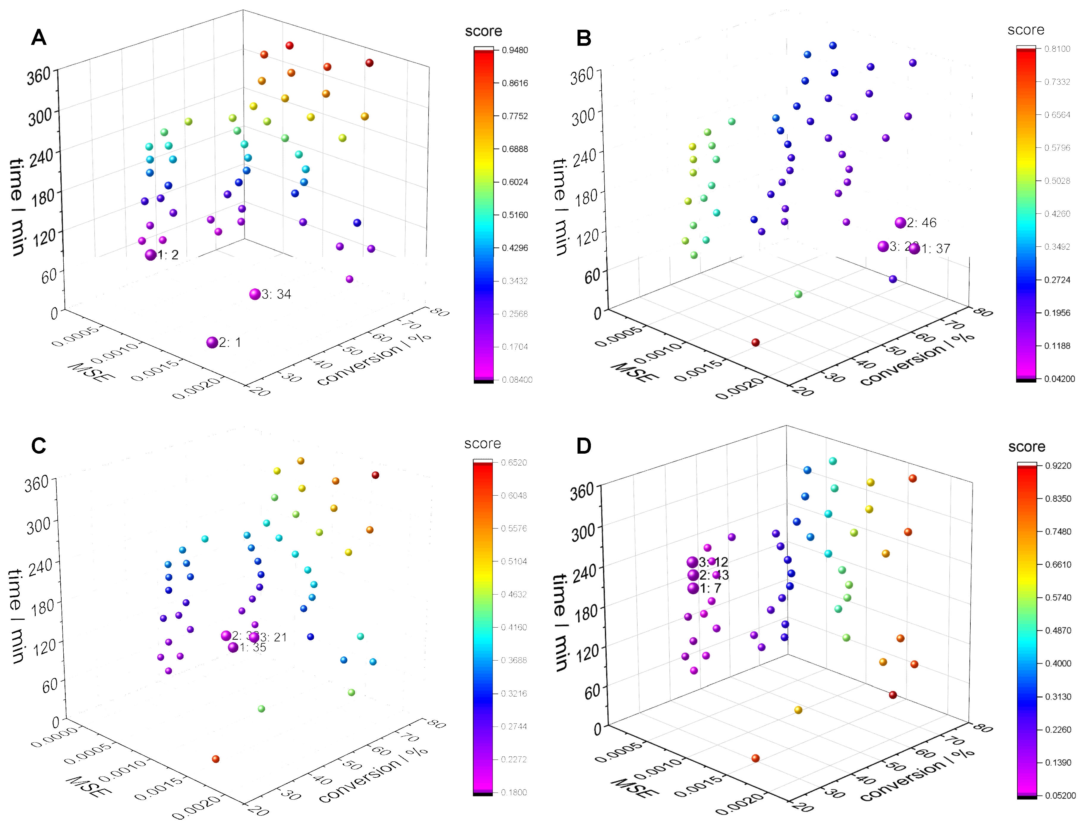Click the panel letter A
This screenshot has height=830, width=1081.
tap(39, 37)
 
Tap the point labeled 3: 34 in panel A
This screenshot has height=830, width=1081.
tap(255, 294)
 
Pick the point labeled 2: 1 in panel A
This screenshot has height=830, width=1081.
tap(212, 342)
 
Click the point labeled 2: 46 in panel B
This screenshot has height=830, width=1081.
tap(900, 223)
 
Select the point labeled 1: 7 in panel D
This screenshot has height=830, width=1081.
tap(693, 588)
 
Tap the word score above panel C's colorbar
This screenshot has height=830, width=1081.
tap(482, 444)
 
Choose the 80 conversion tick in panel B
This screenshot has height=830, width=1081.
tap(982, 312)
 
